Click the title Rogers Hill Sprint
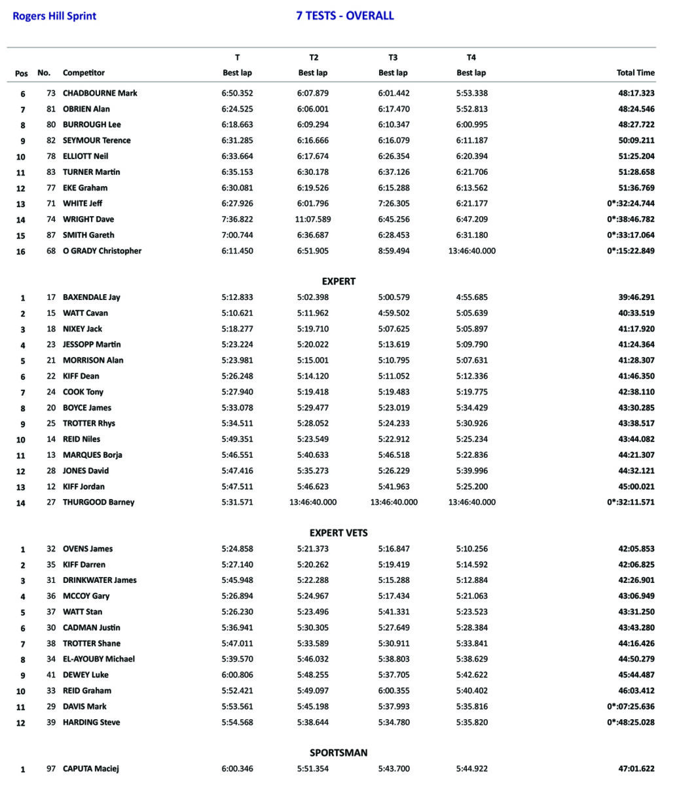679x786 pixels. coord(54,16)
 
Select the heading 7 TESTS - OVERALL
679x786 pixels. coord(345,16)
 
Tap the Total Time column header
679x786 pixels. coord(635,73)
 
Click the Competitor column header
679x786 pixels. coord(84,73)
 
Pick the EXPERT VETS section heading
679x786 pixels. coord(339,533)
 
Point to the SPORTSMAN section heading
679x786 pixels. coord(339,753)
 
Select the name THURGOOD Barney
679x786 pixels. coord(99,502)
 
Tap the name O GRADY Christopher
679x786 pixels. coord(102,251)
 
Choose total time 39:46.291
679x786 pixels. coord(636,297)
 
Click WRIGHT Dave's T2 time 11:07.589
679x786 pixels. coord(313,219)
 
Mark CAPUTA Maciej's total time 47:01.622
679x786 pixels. coord(636,769)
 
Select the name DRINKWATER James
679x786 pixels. coord(100,580)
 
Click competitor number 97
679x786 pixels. coord(51,769)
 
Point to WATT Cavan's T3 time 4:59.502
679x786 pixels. coord(393,313)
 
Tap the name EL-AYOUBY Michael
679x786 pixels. coord(99,659)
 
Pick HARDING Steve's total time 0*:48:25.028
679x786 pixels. coord(631,722)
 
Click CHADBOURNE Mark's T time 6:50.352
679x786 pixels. coord(237,93)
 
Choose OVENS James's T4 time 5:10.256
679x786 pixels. coord(472,549)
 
